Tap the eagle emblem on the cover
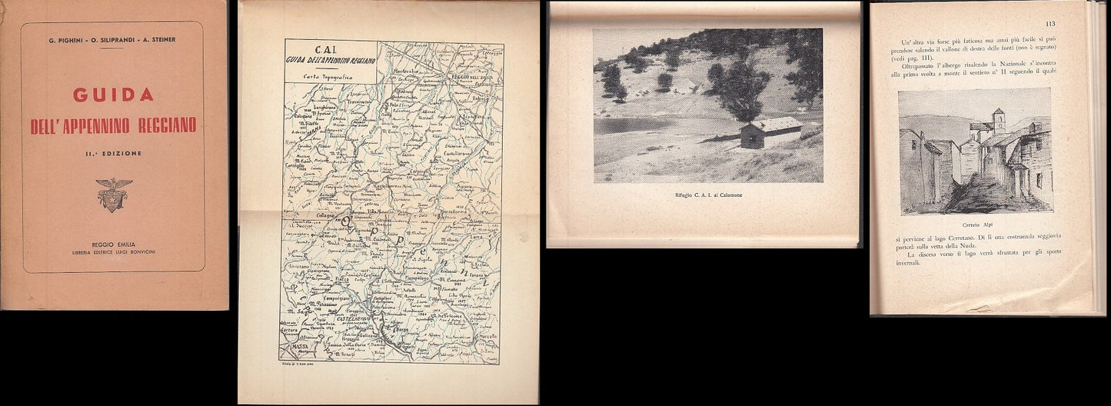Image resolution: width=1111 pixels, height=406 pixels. [114, 195]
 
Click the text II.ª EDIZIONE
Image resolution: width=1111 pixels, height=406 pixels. [113, 153]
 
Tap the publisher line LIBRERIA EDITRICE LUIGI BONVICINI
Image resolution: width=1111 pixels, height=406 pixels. [113, 251]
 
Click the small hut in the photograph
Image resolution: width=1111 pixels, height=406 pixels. [771, 133]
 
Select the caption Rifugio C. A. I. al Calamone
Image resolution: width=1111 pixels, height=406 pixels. [708, 196]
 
